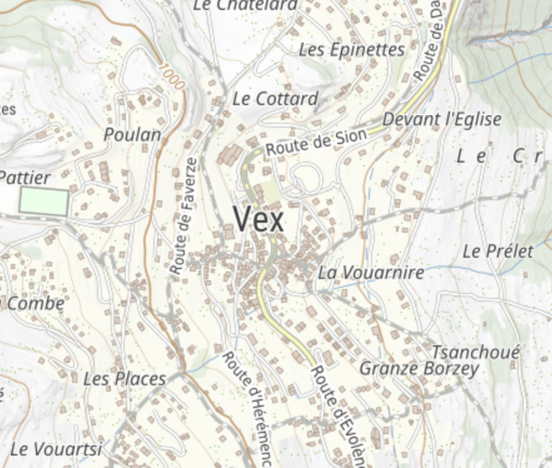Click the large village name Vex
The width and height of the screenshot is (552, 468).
point(259,219)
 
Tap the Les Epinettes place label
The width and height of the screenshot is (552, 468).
point(351,50)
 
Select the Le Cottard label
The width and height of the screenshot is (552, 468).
point(275,99)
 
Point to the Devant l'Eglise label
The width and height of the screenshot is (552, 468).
point(442,119)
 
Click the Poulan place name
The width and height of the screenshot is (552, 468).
point(132,134)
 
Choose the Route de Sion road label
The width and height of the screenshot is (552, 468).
point(316,141)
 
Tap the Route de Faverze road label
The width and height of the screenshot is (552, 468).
point(183,216)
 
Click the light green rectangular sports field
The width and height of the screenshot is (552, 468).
point(44,201)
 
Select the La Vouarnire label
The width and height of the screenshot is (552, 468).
point(371,273)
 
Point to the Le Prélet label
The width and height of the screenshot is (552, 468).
point(498,252)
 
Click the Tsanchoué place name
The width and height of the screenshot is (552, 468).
point(475,353)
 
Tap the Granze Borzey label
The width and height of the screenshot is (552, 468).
point(419,370)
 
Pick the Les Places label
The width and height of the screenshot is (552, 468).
point(124,379)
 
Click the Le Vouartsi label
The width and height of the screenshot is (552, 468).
point(56,450)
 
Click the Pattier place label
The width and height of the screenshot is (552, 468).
point(25,178)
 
